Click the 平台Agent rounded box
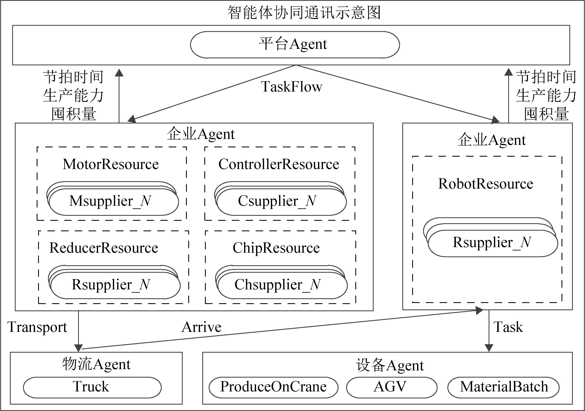coord(295,45)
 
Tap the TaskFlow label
coord(291,87)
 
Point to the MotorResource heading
coord(111,164)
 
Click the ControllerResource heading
coord(279,164)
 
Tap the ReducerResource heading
coord(104,248)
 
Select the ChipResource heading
coord(276,248)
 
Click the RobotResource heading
coord(486,184)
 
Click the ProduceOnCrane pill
coord(273,387)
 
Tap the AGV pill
coord(391,387)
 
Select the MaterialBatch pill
coord(504,387)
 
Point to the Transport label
coord(37,327)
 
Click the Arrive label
coord(201,327)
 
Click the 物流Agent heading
coord(96,365)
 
